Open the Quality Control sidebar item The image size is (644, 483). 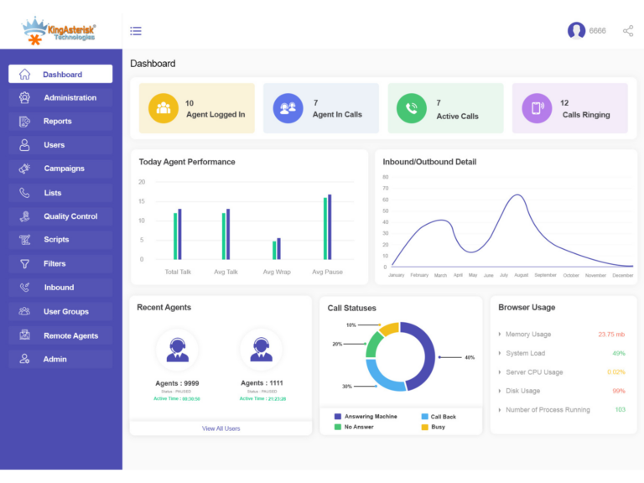pos(70,216)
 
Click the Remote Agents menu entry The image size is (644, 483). pos(70,335)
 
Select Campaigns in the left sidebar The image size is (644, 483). pos(64,169)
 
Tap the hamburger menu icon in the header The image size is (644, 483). pos(136,31)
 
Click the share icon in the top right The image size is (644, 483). pos(628,31)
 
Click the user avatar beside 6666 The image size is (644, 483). pos(576,31)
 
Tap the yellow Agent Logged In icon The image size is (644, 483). pos(164,108)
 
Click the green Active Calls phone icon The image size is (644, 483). pos(411,108)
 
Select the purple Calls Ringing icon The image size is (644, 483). pos(537,108)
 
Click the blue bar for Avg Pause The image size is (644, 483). pos(330,227)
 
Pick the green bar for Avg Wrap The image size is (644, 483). pos(274,250)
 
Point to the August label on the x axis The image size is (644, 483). pos(521,275)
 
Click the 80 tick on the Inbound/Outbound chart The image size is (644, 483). pos(386,177)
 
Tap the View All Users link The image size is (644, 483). pos(221,428)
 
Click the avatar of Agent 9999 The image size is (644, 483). pos(177,349)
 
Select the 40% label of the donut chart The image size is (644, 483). pos(470,357)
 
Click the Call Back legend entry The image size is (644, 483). pos(444,417)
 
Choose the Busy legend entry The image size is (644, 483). pos(438,428)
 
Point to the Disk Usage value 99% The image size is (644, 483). pos(619,391)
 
